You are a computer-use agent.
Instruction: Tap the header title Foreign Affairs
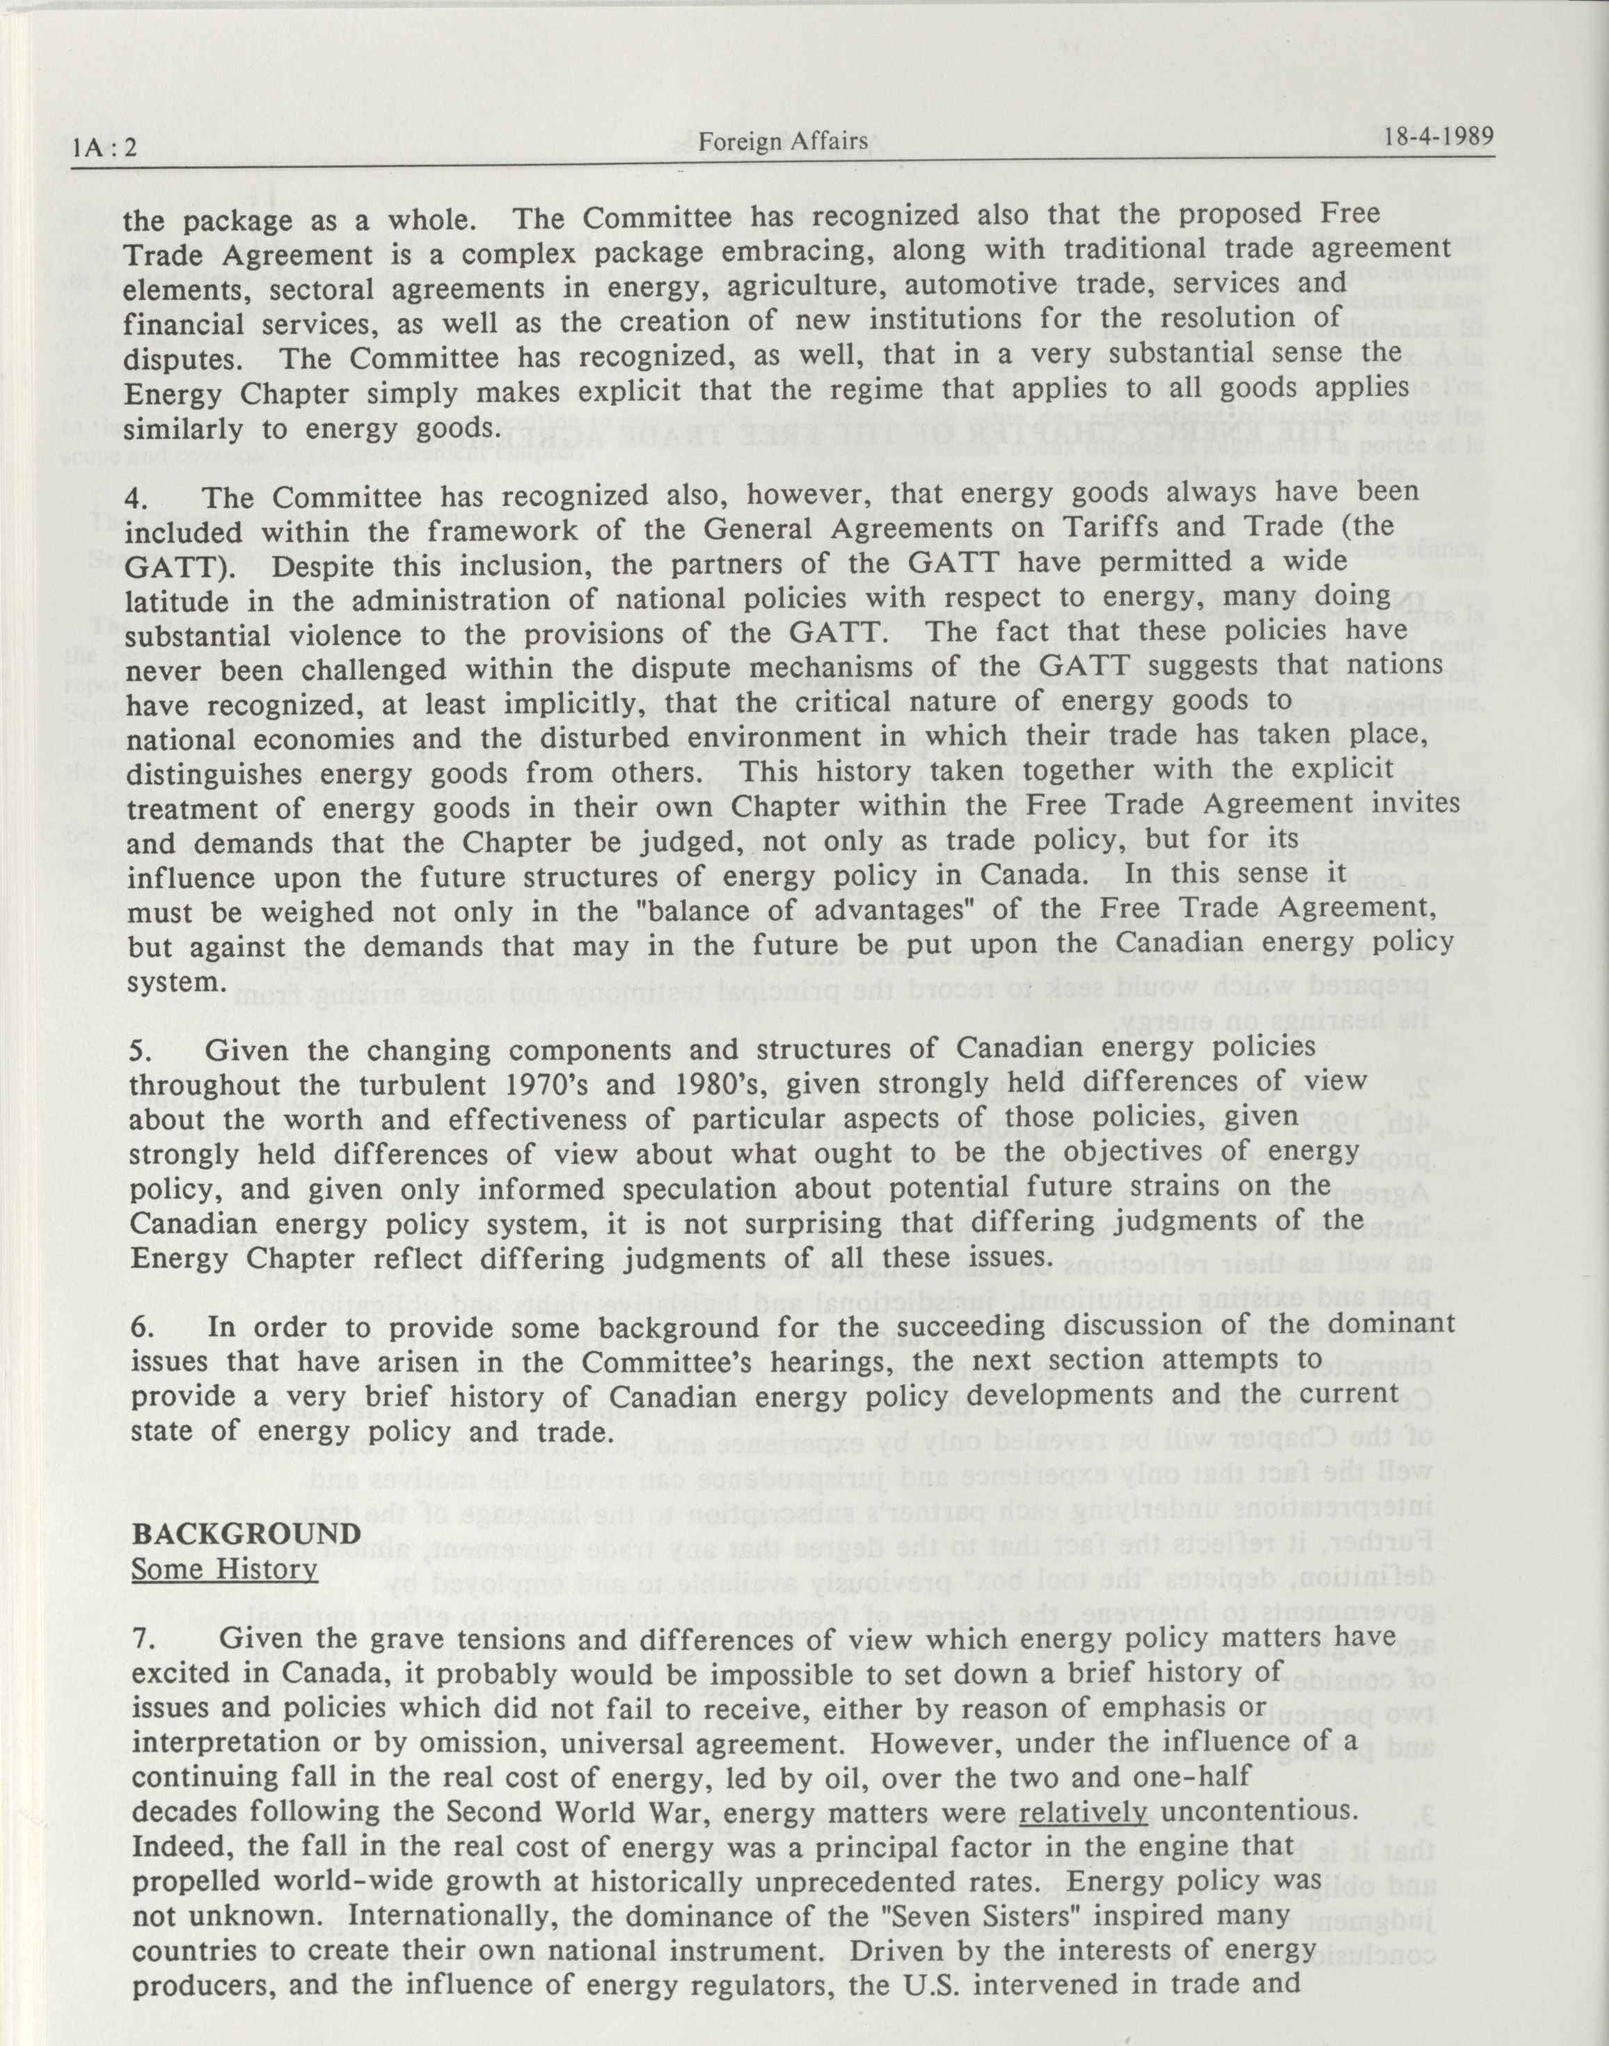(x=783, y=141)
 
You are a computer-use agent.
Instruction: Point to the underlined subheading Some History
(x=224, y=1569)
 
